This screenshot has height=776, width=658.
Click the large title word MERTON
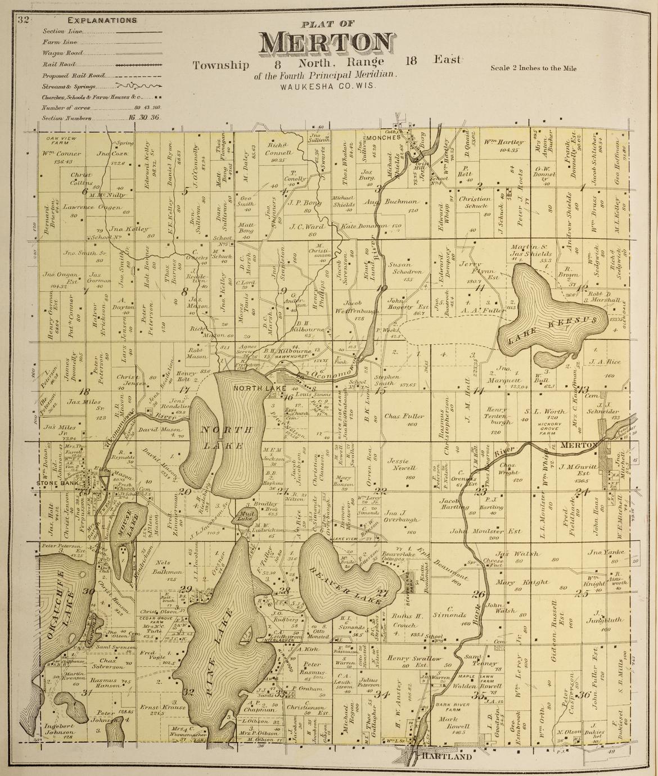(x=326, y=43)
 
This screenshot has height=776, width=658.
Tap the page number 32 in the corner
(x=23, y=21)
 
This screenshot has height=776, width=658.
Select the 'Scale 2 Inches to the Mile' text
(x=534, y=69)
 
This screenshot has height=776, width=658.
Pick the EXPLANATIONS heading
(x=102, y=21)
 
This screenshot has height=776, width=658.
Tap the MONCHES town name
(x=384, y=137)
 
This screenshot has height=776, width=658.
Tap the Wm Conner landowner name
(x=61, y=154)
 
